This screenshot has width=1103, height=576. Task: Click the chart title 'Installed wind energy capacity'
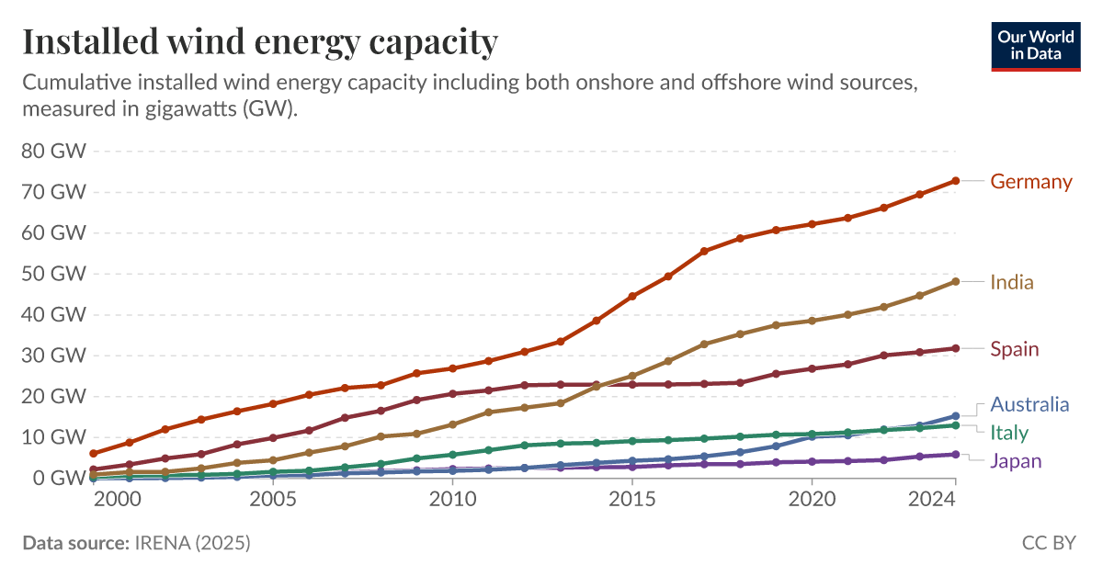coord(260,41)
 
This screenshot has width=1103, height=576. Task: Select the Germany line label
coord(1030,181)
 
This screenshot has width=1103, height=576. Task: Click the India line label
coord(1011,282)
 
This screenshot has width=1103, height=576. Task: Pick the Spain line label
coord(1014,349)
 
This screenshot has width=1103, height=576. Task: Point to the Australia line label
coord(1029,404)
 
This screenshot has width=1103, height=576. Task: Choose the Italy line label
coord(1008,433)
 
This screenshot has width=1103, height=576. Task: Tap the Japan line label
coord(1016,461)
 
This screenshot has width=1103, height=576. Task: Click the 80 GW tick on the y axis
coord(52,152)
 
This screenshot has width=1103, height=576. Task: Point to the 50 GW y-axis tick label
coord(52,274)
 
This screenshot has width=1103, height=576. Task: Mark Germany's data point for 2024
coord(956,181)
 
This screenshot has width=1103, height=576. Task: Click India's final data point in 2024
coord(956,281)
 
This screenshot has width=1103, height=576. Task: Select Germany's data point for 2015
coord(632,297)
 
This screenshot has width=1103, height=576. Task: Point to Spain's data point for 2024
coord(956,348)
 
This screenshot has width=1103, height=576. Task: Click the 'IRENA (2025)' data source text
coord(191,543)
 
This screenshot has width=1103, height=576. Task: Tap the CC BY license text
coord(1049,543)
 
